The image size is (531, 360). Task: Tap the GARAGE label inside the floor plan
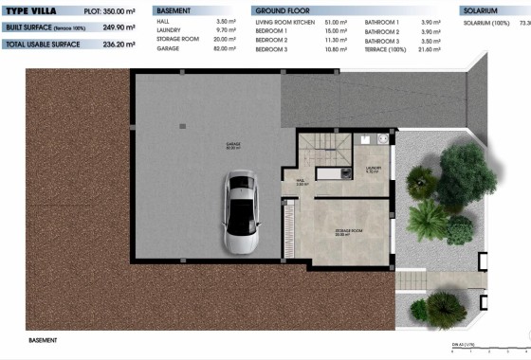click(233, 146)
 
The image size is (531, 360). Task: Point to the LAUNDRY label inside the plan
click(373, 171)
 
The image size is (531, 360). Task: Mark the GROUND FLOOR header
click(282, 9)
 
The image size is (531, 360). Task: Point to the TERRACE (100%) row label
click(387, 48)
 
